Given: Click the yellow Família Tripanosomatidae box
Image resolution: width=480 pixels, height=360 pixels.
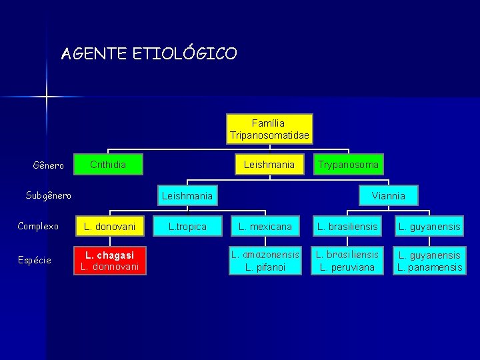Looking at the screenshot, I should click(269, 129).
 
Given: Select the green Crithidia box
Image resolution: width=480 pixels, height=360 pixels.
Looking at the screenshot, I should click(108, 164).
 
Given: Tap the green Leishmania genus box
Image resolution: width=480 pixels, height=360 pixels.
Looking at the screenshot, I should click(269, 164).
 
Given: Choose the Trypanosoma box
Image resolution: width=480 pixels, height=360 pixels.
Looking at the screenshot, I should click(348, 164).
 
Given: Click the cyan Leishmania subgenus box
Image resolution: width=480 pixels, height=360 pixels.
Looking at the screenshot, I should click(187, 195).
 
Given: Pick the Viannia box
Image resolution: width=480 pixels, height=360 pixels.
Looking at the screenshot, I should click(388, 195).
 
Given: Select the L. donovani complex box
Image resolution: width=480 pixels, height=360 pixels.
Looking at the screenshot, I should click(110, 227).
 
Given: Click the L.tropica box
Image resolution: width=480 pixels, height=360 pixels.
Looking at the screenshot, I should click(187, 227).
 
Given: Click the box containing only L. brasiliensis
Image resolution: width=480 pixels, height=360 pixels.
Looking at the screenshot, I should click(348, 227).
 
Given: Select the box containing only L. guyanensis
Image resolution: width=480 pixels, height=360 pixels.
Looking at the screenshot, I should click(429, 227).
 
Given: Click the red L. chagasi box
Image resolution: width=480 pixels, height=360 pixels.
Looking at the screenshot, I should click(110, 255).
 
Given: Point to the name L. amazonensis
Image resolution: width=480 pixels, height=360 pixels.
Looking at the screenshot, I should click(265, 254).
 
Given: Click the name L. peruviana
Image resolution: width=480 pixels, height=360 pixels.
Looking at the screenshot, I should click(348, 267).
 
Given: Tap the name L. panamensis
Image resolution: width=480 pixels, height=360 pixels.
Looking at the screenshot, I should click(429, 267).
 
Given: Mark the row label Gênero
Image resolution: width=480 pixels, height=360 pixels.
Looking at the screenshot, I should click(49, 165).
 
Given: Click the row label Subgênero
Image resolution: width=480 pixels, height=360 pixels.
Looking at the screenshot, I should click(49, 195).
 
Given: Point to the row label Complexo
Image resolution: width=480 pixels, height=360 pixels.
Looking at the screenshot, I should click(38, 226).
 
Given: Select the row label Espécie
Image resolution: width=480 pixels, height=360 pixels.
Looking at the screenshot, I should click(35, 260).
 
